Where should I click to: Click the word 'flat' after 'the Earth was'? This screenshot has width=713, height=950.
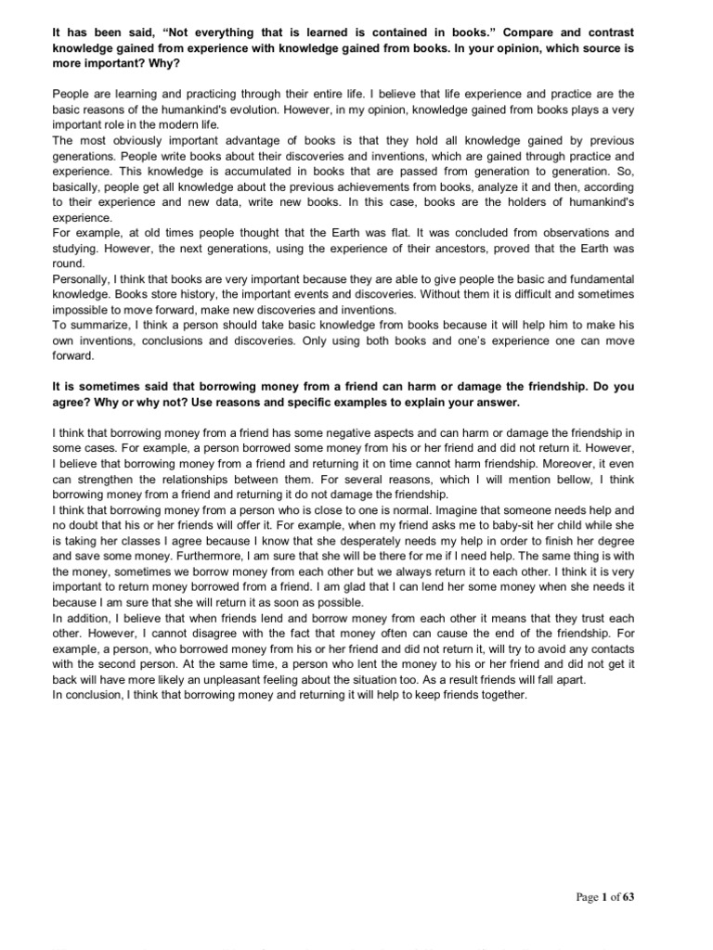click(382, 232)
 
